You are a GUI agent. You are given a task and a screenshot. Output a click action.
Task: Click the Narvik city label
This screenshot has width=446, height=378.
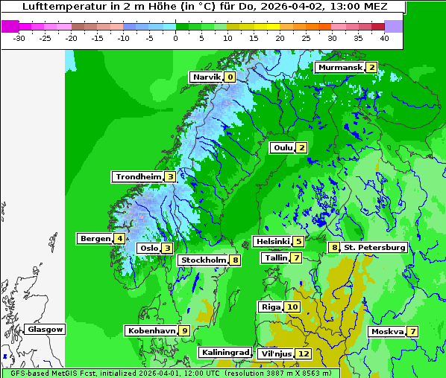(207, 77)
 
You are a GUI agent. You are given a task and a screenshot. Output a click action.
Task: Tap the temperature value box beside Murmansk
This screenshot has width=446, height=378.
(371, 67)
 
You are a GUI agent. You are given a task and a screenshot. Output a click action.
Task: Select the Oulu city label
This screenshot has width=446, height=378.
(283, 147)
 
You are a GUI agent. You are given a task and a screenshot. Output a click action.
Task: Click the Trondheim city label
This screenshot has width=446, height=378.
(139, 176)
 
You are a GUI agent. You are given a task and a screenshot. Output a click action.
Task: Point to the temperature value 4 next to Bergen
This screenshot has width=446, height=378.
(119, 239)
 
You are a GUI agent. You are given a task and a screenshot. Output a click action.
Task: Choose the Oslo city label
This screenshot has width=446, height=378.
(148, 248)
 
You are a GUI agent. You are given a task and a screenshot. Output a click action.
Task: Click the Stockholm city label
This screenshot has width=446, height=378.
(203, 260)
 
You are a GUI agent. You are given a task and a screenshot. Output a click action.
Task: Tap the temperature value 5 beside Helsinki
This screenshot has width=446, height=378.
(298, 241)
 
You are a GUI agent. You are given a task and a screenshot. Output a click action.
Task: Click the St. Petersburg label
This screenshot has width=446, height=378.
(374, 247)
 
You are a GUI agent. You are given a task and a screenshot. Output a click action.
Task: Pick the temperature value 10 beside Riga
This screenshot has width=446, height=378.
(292, 307)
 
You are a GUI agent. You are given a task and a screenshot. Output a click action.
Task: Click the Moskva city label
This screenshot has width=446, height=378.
(387, 331)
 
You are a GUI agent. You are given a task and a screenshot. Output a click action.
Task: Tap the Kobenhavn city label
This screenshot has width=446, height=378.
(151, 330)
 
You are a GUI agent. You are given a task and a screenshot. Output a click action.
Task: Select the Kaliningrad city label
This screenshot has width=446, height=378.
(224, 352)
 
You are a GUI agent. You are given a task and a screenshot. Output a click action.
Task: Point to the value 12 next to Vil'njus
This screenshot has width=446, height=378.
(303, 353)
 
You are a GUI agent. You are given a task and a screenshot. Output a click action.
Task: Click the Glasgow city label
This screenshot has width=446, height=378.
(45, 329)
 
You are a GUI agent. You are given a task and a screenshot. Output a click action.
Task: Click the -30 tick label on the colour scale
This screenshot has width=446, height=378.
(19, 37)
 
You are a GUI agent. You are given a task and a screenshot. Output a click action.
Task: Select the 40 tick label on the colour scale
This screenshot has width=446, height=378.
(383, 37)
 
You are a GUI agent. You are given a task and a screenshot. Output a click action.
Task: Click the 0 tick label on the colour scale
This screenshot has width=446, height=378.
(175, 37)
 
